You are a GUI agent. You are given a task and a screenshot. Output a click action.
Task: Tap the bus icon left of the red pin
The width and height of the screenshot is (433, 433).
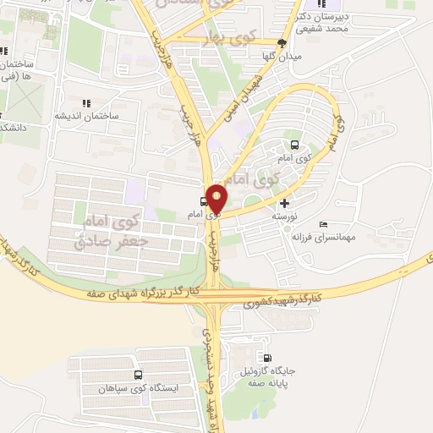click(202, 202)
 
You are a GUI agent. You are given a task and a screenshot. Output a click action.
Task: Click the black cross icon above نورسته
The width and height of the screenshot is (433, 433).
click(283, 203)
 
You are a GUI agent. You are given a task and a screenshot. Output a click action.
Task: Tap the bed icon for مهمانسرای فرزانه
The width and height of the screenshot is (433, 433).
click(324, 225)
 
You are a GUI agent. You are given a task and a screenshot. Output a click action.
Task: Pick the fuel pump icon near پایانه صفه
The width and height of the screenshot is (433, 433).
click(269, 358)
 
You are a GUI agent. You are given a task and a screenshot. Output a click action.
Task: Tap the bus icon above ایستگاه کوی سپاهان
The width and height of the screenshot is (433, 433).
click(137, 375)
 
